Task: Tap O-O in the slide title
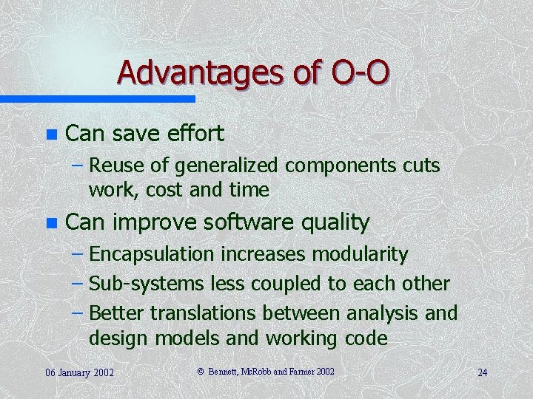[x=356, y=72]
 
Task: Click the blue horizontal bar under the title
[x=97, y=98]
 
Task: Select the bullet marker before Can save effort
[x=50, y=134]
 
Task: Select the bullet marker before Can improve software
[x=50, y=222]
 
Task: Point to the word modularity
[x=360, y=255]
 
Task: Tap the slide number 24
[x=482, y=372]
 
